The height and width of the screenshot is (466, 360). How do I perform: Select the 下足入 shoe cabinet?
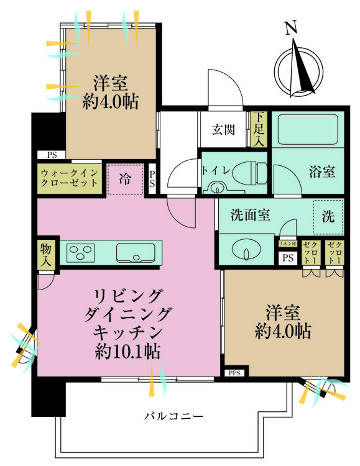(259, 130)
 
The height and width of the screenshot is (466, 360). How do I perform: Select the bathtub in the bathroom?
(308, 130)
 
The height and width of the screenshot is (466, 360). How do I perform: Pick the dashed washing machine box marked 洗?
(328, 215)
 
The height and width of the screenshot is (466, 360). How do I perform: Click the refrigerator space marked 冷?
(125, 180)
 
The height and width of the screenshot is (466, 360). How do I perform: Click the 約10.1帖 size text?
(128, 352)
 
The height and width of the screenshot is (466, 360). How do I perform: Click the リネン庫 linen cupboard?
(287, 244)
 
